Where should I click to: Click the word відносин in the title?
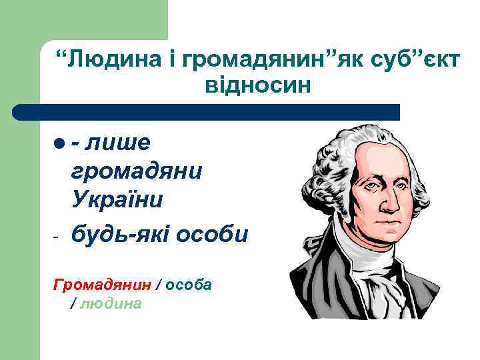pyautogui.click(x=254, y=85)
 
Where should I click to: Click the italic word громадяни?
pyautogui.click(x=136, y=171)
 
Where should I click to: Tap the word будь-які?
pyautogui.click(x=119, y=234)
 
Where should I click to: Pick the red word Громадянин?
pyautogui.click(x=101, y=285)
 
